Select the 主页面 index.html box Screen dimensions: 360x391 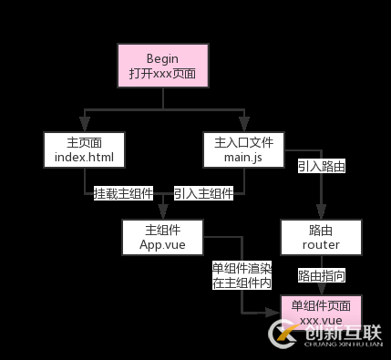click(82, 150)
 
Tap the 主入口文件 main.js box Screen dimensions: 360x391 click(243, 150)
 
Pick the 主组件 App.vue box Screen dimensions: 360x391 click(161, 237)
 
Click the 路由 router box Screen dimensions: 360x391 click(321, 237)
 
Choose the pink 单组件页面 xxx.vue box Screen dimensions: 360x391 click(321, 314)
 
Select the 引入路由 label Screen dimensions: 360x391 click(321, 167)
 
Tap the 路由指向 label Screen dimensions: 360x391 click(321, 274)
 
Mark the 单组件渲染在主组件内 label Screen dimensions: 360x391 click(242, 275)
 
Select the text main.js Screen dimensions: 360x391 click(243, 159)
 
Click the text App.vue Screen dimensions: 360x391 click(161, 245)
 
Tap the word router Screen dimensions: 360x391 click(321, 245)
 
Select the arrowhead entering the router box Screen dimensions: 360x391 click(321, 214)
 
